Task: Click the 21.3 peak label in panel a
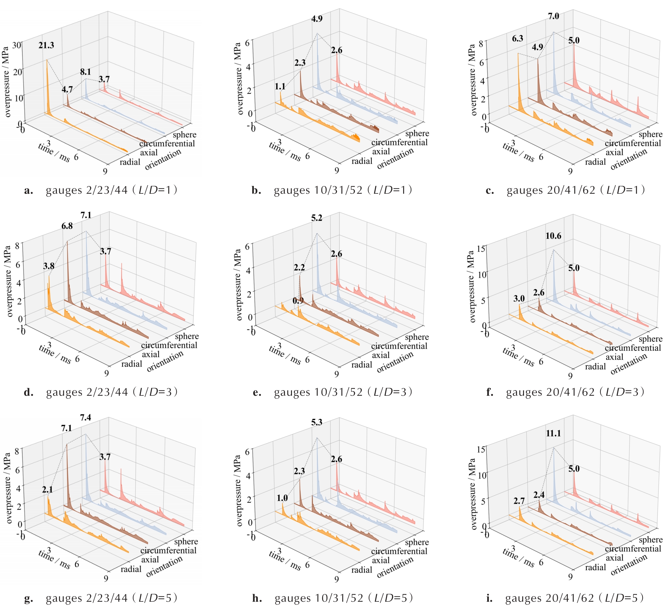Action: (46, 45)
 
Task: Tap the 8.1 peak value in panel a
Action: (85, 72)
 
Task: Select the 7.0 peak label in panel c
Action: (553, 16)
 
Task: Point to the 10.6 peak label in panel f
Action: (553, 236)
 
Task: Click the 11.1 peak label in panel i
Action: (553, 433)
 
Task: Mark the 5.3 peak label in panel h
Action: (316, 422)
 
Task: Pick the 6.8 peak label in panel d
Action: (67, 226)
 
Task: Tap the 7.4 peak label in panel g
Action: (85, 417)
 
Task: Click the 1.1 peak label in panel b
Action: (280, 86)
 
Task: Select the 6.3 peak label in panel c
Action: (517, 38)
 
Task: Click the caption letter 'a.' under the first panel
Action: (28, 191)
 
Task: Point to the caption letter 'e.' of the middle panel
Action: (257, 392)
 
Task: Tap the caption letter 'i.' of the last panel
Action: (489, 598)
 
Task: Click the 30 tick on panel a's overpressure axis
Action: (17, 45)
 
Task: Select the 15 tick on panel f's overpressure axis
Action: (481, 249)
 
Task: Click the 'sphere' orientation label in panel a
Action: (185, 134)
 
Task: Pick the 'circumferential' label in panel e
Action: (399, 346)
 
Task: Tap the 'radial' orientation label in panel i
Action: (595, 567)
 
